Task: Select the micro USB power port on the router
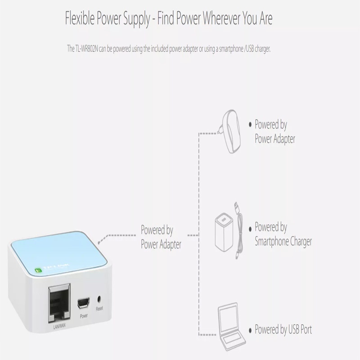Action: pos(83,303)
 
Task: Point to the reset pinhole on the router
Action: pos(99,299)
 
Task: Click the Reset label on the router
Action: pos(99,309)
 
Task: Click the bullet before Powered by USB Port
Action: pos(250,330)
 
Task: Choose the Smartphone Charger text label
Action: pos(283,242)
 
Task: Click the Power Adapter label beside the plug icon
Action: pos(275,139)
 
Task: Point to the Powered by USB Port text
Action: pos(283,329)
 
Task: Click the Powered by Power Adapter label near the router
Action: pos(161,237)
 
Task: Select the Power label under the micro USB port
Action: pos(83,316)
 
